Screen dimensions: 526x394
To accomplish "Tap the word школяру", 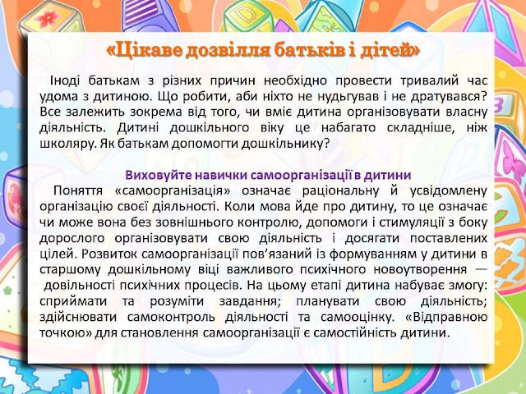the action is [62, 144].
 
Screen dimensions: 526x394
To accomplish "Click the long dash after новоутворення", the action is [481, 269].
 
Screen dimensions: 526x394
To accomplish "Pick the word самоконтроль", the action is [171, 317].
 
